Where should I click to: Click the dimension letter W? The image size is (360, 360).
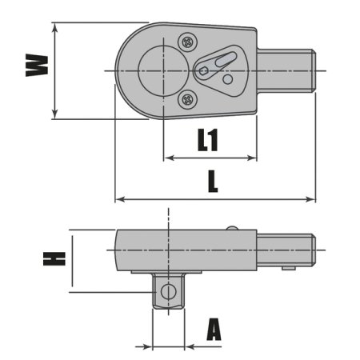(34, 65)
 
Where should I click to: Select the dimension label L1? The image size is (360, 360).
(208, 141)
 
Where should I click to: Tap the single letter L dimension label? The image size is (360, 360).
(212, 182)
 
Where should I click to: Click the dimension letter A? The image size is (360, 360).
(214, 330)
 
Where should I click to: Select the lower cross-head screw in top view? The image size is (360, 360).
(187, 99)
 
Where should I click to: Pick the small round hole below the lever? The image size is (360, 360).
(228, 79)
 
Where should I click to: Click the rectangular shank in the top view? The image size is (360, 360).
(286, 70)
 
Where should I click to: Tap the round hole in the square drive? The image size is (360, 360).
(168, 291)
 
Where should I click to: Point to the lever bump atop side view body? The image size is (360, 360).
(232, 228)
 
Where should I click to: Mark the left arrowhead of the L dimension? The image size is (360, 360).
(119, 199)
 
